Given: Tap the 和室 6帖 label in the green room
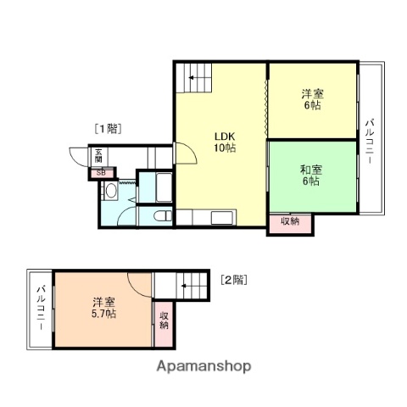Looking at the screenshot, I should pyautogui.click(x=310, y=174).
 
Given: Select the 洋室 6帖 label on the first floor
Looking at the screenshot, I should pyautogui.click(x=311, y=100).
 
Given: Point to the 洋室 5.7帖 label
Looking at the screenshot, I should pyautogui.click(x=104, y=308).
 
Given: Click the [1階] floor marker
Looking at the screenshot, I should pyautogui.click(x=108, y=129).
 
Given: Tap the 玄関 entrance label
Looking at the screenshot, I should pyautogui.click(x=98, y=156).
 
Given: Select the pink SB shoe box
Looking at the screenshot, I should pyautogui.click(x=101, y=172).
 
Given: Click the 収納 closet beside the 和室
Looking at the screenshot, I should pyautogui.click(x=290, y=222).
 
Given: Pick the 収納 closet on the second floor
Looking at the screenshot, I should pyautogui.click(x=164, y=320).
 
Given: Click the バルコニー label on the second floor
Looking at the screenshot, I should pyautogui.click(x=40, y=310).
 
